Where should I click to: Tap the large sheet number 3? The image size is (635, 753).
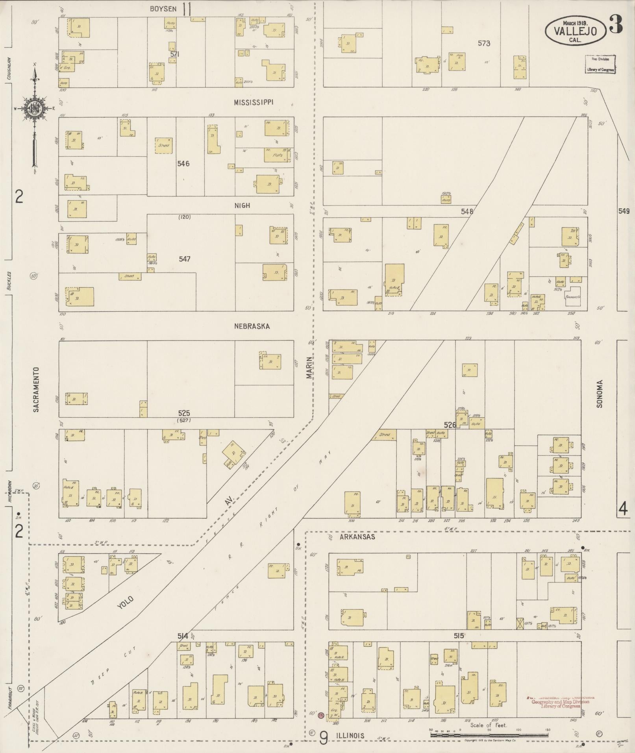(x=615, y=24)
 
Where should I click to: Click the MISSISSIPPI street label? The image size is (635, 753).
(x=254, y=102)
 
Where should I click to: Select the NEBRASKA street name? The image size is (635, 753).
(x=252, y=326)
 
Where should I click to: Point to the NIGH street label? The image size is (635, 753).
(x=242, y=205)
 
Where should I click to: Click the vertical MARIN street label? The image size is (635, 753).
(x=309, y=368)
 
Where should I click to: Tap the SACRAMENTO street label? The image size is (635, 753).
(x=36, y=390)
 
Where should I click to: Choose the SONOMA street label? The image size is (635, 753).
(x=600, y=394)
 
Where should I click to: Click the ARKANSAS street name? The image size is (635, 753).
(x=358, y=537)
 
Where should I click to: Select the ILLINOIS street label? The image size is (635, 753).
(x=350, y=735)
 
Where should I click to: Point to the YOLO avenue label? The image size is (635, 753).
(x=125, y=602)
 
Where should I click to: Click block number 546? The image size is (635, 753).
(x=183, y=163)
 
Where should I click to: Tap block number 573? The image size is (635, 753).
(x=484, y=43)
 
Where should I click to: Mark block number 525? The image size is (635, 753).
(x=184, y=413)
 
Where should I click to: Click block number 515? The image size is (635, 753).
(x=459, y=635)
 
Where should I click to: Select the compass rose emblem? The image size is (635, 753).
(x=35, y=107)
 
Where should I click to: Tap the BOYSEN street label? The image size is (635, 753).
(x=163, y=9)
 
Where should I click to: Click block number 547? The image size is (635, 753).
(x=184, y=259)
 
